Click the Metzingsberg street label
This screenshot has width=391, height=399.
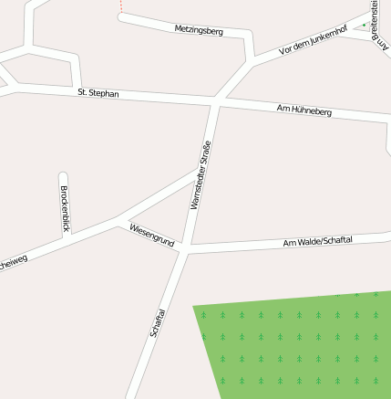[199, 30]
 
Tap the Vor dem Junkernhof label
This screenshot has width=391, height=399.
[313, 40]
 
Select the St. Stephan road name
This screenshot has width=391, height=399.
[98, 92]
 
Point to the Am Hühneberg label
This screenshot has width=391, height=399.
[304, 110]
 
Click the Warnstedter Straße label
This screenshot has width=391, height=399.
[201, 175]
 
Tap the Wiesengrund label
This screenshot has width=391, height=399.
[151, 235]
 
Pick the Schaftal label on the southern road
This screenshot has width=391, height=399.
[158, 322]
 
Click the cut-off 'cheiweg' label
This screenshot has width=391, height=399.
[13, 262]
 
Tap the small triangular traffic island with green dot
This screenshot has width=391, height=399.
[366, 24]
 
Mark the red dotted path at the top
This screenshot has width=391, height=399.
[119, 7]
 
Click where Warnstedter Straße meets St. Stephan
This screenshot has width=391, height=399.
[217, 100]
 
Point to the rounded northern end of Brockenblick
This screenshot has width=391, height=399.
[63, 175]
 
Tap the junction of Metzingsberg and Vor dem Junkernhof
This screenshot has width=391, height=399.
[251, 61]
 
